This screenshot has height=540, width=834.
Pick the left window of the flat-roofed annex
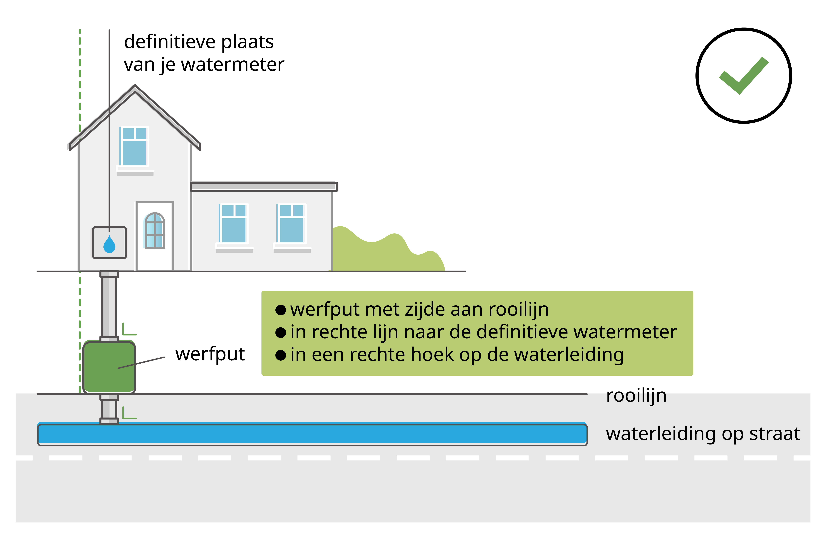pyautogui.click(x=233, y=224)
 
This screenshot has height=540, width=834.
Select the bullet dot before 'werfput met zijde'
pyautogui.click(x=281, y=310)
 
